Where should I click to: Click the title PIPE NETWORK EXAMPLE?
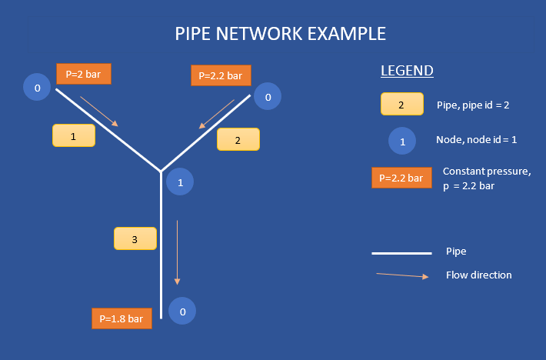[281, 34]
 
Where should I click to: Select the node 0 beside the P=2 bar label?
[37, 88]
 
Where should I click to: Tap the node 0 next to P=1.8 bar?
[182, 312]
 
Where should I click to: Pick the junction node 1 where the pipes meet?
[180, 182]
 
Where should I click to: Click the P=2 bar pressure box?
[84, 74]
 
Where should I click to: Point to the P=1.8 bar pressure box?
[122, 318]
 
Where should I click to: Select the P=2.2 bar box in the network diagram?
[221, 75]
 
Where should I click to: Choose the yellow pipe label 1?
[74, 135]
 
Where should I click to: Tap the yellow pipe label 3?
[135, 238]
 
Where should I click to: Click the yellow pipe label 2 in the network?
[238, 139]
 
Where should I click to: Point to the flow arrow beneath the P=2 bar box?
[99, 111]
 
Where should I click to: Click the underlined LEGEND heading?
[407, 72]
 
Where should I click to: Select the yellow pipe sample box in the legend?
[401, 104]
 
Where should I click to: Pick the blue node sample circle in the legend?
[401, 141]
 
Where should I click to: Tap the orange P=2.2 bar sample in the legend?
[400, 178]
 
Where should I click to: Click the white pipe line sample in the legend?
[401, 252]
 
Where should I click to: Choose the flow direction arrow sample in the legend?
[402, 275]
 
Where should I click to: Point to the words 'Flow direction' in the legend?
[478, 275]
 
